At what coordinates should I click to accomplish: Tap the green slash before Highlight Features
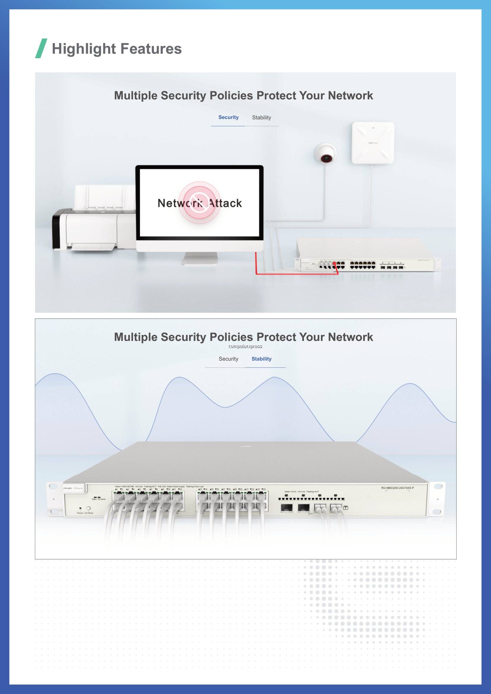[x=41, y=48]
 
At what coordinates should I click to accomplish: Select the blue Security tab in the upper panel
[x=228, y=117]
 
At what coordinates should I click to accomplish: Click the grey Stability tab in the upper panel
[x=262, y=117]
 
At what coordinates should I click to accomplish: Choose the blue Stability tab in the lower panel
[x=262, y=359]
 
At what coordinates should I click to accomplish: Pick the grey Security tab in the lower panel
[x=228, y=359]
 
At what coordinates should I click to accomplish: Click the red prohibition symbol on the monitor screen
[x=199, y=202]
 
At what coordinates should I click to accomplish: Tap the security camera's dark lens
[x=326, y=158]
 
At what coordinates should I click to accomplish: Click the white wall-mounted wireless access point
[x=373, y=143]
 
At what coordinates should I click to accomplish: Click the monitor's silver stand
[x=200, y=259]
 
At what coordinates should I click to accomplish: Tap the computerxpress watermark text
[x=245, y=346]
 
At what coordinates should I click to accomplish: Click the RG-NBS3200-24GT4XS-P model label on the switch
[x=397, y=488]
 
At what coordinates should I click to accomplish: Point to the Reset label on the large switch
[x=80, y=513]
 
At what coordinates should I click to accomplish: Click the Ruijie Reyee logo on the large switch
[x=73, y=488]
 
